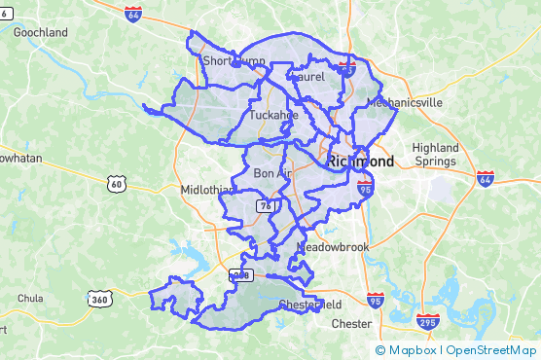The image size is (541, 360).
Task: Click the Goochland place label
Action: pos(40,32)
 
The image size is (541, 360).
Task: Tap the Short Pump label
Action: pos(234,61)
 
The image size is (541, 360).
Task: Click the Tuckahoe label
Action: pos(272,115)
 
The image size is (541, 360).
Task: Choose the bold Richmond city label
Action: pos(360,162)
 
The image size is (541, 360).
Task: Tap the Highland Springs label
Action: pos(435,154)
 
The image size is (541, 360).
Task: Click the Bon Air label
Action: pos(272,173)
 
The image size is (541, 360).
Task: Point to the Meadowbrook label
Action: pos(334,247)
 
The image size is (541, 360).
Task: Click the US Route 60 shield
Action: pos(117,183)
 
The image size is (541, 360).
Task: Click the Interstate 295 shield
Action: pos(427,320)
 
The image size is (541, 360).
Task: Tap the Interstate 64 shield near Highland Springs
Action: pos(486,179)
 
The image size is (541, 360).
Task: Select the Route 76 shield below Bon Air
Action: pos(265,205)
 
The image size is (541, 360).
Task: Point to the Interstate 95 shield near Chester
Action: pos(376,301)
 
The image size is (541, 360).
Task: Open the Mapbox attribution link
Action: pos(407,350)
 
